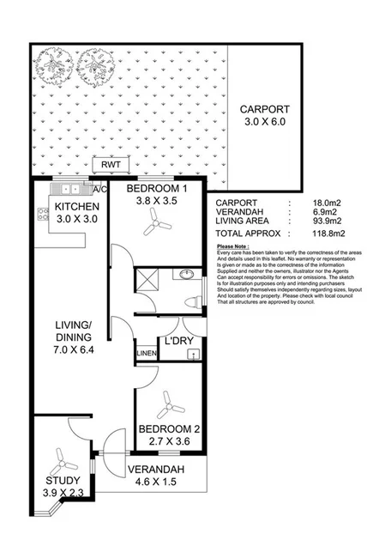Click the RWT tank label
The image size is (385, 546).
[x=111, y=165]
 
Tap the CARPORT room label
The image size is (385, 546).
[x=264, y=109]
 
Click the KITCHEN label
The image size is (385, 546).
[x=77, y=207]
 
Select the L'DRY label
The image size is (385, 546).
[x=180, y=341]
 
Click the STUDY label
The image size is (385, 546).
[x=63, y=480]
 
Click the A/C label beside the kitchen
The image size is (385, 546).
[x=99, y=189]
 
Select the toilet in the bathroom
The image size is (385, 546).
[x=192, y=301]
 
